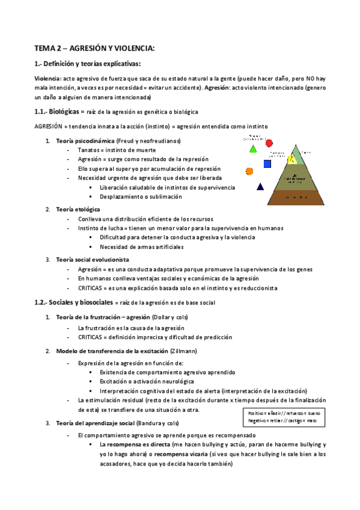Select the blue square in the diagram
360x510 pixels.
267,164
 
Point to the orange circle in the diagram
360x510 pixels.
249,171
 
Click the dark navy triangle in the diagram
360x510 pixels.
260,186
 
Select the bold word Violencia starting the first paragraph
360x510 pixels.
46,79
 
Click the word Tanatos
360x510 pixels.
89,150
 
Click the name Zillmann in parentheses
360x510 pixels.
201,351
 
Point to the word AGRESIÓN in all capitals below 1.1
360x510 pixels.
50,126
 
